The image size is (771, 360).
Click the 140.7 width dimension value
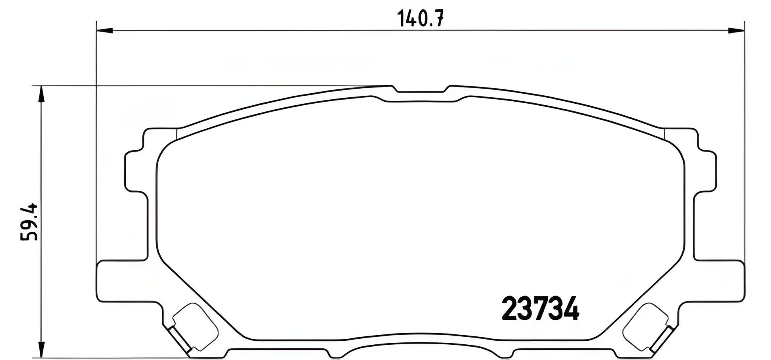(420, 18)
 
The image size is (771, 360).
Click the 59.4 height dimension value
(29, 222)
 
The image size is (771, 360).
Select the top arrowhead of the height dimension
(40, 94)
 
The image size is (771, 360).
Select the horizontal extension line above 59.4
(201, 86)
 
